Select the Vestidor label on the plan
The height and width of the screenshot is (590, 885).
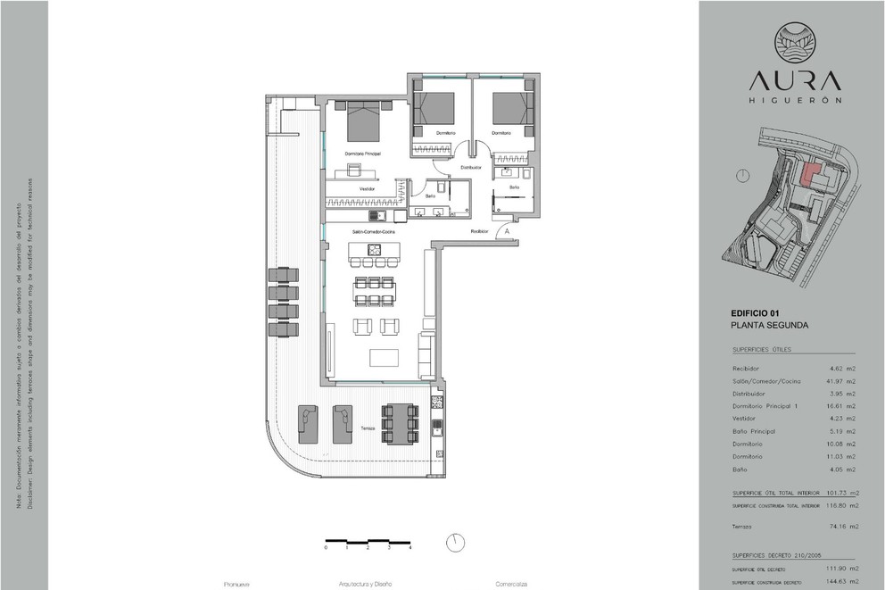367,189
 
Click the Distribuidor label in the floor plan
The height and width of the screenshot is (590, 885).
471,167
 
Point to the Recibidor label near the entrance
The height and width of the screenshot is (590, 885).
481,231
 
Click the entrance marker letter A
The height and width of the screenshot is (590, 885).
506,231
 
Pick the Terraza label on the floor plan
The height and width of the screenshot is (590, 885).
368,428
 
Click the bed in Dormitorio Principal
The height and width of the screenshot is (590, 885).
364,122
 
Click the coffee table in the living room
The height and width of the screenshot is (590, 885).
385,357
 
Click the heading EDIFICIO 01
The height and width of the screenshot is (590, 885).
755,313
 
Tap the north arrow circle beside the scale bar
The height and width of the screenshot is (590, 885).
456,542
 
